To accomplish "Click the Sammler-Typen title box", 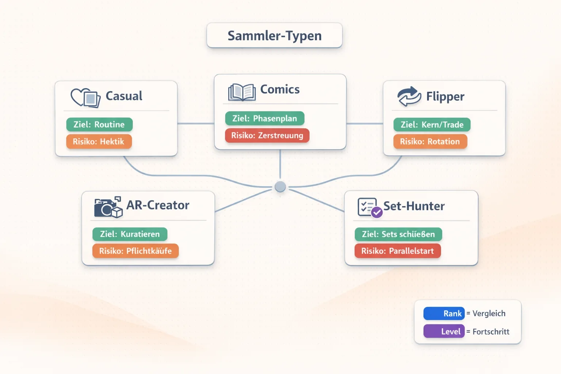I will (x=274, y=35).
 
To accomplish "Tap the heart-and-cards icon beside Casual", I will (x=85, y=98).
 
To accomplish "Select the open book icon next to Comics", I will (x=241, y=92).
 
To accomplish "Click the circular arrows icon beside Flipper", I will (x=409, y=96).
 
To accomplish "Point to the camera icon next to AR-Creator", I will (x=107, y=207).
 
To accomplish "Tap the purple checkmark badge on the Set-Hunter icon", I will (x=377, y=212).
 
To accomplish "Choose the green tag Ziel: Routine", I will (x=99, y=125).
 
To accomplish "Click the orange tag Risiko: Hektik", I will (x=99, y=142).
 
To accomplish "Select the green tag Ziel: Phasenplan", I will (x=264, y=118).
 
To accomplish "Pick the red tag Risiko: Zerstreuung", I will (x=267, y=136).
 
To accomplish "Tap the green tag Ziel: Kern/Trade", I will (x=432, y=125).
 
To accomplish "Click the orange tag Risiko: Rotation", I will (x=430, y=142).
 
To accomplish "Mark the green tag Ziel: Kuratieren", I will (x=130, y=234).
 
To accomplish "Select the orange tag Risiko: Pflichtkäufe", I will (x=135, y=251).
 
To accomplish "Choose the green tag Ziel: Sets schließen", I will (x=398, y=234).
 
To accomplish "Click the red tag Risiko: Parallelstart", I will (x=397, y=251).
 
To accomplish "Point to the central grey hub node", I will (x=280, y=187).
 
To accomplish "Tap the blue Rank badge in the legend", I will (x=444, y=313).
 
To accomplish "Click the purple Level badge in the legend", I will (x=444, y=331).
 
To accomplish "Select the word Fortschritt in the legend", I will (x=491, y=332).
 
